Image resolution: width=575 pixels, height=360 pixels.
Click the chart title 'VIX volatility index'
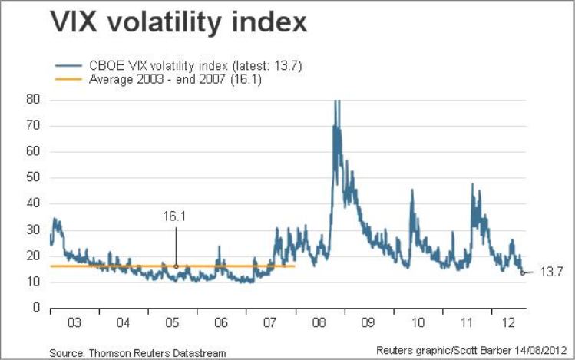(x=179, y=24)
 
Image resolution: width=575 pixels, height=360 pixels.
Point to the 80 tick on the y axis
(x=33, y=99)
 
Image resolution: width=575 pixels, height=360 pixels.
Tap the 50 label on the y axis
(x=33, y=177)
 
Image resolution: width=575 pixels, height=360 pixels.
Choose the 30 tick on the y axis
(x=33, y=230)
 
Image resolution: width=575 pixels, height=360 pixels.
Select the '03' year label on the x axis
(x=74, y=322)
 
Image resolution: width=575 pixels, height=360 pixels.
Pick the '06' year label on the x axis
(x=222, y=322)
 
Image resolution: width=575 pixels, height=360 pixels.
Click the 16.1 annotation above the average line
(x=175, y=217)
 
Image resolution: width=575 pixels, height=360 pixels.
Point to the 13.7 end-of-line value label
(x=551, y=272)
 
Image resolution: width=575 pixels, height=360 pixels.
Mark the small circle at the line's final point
(x=523, y=272)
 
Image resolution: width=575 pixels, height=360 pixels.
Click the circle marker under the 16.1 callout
(x=176, y=266)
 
